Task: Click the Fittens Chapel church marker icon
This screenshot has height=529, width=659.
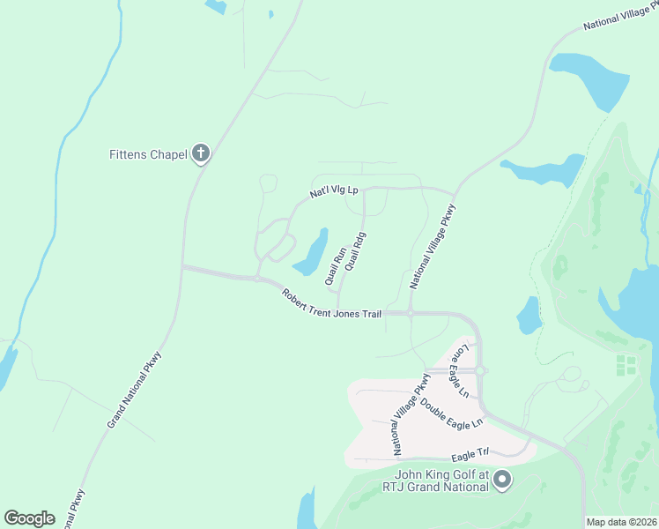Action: coord(201,154)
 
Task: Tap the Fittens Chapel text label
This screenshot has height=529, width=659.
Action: coord(148,155)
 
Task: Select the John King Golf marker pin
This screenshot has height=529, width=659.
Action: coord(502,481)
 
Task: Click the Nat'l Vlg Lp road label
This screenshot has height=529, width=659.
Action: coord(333,190)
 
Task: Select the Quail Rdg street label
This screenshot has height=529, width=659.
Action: coord(355,251)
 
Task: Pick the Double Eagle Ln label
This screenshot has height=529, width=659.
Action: coord(452,413)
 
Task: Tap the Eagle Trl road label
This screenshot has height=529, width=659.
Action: coord(470,455)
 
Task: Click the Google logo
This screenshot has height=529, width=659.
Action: coord(29,518)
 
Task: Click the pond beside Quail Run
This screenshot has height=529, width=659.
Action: coord(312,254)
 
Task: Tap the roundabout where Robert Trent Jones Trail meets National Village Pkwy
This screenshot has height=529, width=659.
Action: coord(411,313)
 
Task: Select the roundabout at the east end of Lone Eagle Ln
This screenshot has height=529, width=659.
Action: coord(483,370)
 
